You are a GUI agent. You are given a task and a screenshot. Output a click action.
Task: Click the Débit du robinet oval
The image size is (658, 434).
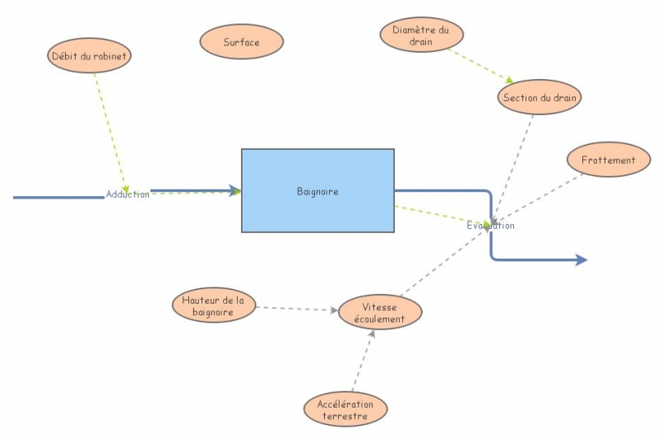coord(89,55)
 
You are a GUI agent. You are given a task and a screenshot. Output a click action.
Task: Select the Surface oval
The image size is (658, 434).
coord(242,42)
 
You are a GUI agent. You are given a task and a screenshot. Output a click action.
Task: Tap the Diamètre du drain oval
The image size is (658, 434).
coord(421,35)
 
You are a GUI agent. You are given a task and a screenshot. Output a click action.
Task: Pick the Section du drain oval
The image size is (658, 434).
coord(540,98)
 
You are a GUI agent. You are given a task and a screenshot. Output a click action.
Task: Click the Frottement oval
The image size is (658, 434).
coord(608,160)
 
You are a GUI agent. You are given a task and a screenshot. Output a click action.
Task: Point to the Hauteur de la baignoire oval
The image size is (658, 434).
coord(214,306)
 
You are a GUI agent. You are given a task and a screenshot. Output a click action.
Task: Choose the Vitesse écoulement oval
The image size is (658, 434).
coord(381,313)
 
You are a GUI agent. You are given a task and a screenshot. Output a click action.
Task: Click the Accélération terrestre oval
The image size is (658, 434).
coord(345,409)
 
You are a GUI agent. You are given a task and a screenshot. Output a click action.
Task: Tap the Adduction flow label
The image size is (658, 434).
coord(127,194)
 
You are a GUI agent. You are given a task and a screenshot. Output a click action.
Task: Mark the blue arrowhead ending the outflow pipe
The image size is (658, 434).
coord(582,260)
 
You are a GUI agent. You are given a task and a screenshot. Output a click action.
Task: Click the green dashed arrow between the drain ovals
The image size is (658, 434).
coord(480,66)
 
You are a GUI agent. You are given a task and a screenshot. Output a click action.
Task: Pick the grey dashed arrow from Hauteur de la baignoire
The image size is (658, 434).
coord(296,310)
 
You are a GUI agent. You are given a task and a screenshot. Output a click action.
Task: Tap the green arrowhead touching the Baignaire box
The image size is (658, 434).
coord(236,191)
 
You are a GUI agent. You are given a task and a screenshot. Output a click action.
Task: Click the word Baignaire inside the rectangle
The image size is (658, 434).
coord(317,192)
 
